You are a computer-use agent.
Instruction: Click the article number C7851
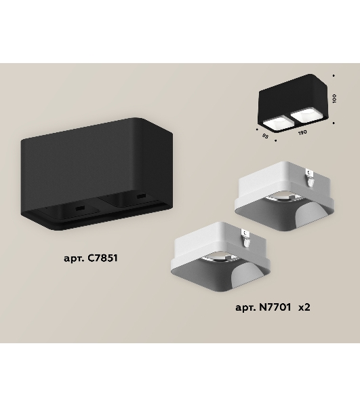coord(102,258)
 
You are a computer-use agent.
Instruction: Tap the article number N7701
coord(275,307)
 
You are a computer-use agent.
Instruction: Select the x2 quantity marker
coord(304,307)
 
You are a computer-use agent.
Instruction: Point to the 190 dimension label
coord(302,132)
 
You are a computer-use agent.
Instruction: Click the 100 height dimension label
coord(335,98)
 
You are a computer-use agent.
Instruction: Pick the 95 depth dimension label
coord(265,136)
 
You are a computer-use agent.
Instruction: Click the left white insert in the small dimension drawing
coord(275,123)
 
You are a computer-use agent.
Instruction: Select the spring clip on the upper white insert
coord(310,177)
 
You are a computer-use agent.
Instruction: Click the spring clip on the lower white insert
coord(246,238)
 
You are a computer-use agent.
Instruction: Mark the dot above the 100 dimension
coord(334,76)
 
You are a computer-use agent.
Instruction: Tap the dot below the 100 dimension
coord(334,123)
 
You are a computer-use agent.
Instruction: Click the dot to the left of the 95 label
coord(257,129)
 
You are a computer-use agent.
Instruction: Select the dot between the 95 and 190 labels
coord(276,140)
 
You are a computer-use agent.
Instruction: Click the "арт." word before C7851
coord(74,258)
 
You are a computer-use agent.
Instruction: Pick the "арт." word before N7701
coord(245,308)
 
